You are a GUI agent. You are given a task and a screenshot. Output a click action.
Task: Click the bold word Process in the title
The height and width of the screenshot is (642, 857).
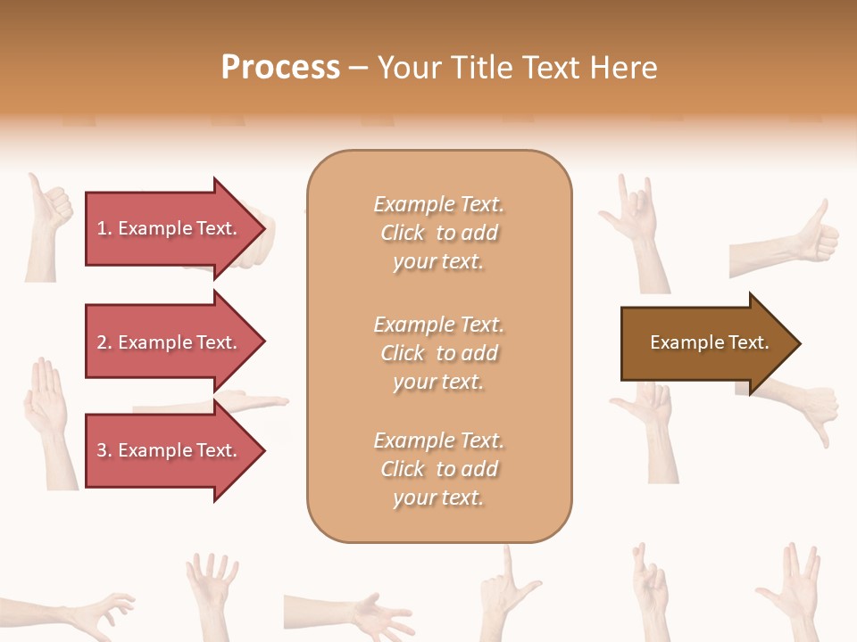[280, 68]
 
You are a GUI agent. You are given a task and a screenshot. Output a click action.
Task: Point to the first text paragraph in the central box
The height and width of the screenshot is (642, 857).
[438, 233]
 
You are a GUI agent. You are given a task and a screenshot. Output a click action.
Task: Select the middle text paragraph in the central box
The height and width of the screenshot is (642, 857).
[438, 353]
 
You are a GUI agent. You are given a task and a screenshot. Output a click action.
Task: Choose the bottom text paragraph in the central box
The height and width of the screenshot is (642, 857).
[438, 469]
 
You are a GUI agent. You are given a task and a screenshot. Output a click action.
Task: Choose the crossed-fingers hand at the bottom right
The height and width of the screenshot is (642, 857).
[650, 588]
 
